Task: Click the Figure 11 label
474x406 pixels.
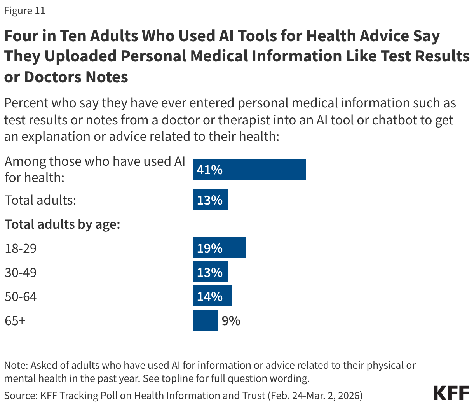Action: click(24, 11)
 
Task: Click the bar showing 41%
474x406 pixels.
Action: click(249, 169)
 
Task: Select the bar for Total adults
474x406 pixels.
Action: click(210, 200)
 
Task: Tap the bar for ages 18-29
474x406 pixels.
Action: click(219, 248)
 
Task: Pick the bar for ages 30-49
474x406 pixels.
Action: click(210, 272)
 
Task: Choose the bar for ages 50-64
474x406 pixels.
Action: click(212, 296)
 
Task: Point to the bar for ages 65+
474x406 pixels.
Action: click(205, 320)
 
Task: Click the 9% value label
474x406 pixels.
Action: click(231, 321)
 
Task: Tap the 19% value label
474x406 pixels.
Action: click(209, 248)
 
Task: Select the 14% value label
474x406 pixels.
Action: click(209, 297)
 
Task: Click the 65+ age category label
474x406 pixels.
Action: click(15, 321)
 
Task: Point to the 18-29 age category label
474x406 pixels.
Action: click(21, 248)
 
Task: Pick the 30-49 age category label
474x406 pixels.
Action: click(21, 272)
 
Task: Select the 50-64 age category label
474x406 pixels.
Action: click(21, 297)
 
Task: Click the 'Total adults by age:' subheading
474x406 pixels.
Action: click(62, 224)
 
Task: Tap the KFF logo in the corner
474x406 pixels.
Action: click(451, 393)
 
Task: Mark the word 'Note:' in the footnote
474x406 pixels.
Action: click(16, 365)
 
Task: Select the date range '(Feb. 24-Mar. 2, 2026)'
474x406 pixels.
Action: click(315, 395)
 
